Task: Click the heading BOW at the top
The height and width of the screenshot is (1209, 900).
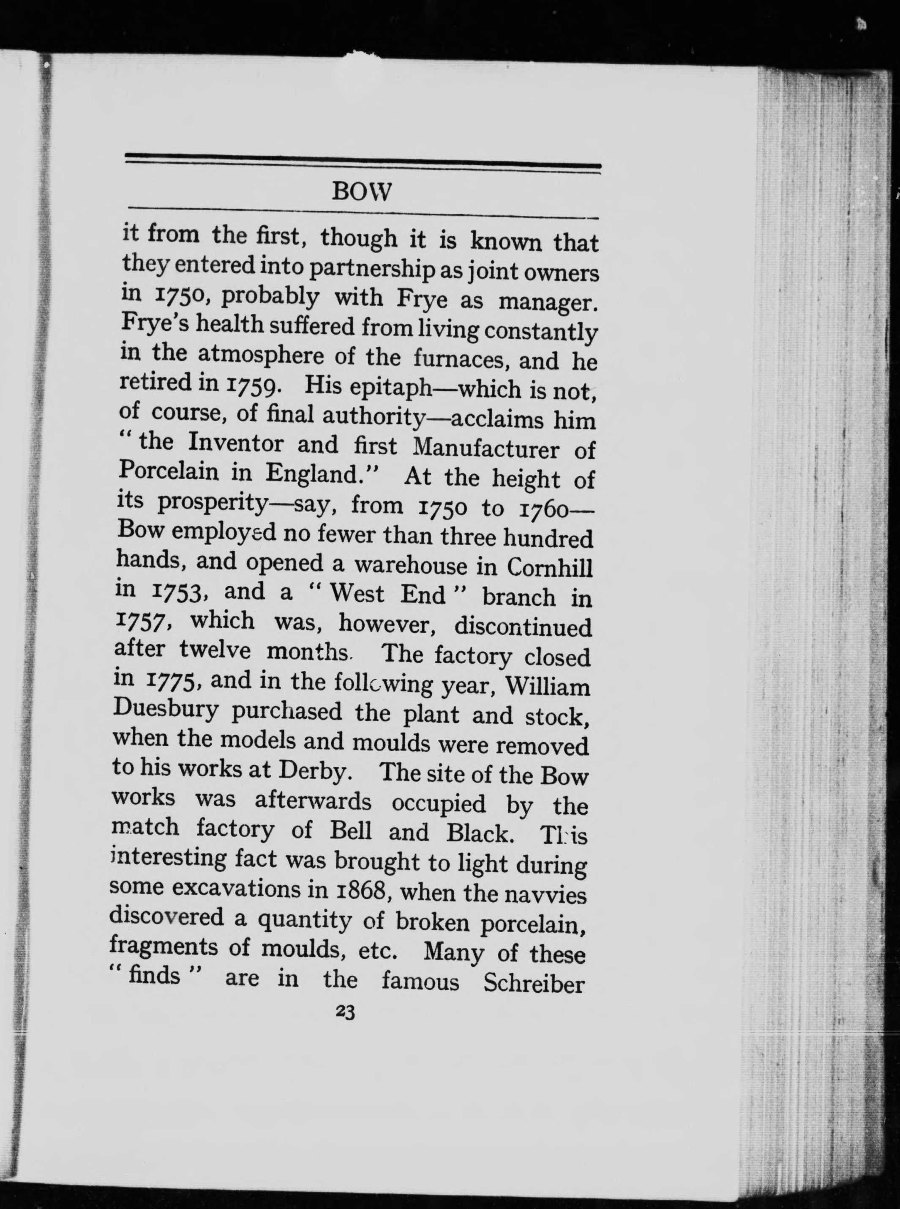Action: click(362, 192)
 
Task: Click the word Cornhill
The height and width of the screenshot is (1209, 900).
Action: click(549, 568)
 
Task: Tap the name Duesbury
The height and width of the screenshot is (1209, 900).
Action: click(166, 710)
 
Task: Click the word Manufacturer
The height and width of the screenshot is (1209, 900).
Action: click(486, 448)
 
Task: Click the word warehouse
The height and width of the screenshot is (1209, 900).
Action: click(410, 565)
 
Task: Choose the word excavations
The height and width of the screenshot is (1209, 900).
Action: click(235, 889)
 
